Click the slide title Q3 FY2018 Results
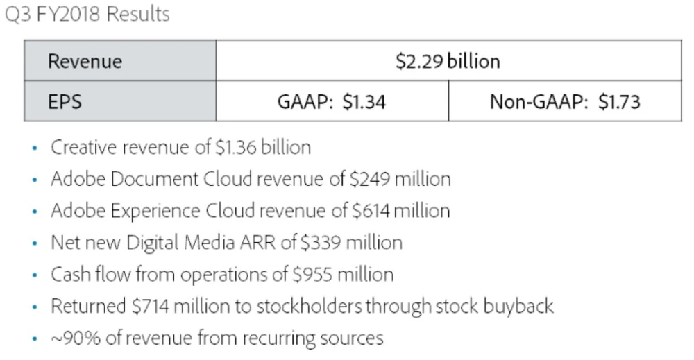(87, 15)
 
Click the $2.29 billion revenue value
(448, 61)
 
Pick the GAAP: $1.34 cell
(332, 102)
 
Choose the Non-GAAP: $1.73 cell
(565, 102)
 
